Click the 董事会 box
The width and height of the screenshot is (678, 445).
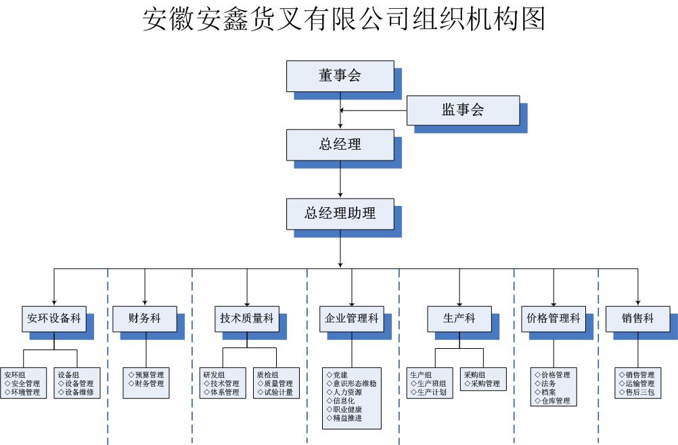[340, 76]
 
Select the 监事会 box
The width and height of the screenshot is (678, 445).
[463, 110]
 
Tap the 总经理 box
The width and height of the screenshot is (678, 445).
[340, 145]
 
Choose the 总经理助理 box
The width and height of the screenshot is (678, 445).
[340, 213]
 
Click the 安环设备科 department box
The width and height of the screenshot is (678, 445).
[54, 318]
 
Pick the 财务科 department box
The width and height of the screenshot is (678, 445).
[145, 318]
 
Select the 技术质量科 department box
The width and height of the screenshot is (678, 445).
[246, 318]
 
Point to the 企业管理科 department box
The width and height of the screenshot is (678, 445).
[352, 318]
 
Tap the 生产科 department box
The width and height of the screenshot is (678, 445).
[459, 318]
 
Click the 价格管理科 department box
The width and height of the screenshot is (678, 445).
[553, 318]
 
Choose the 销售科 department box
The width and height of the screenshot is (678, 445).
[637, 318]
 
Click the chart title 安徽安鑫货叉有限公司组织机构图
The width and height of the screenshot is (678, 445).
[344, 19]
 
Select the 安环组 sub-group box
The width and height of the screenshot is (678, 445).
[24, 383]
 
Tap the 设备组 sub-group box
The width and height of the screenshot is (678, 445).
[77, 383]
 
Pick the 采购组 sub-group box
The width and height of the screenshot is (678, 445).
[483, 379]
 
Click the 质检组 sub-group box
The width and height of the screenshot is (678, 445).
[275, 383]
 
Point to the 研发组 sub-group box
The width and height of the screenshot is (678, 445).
[222, 383]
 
